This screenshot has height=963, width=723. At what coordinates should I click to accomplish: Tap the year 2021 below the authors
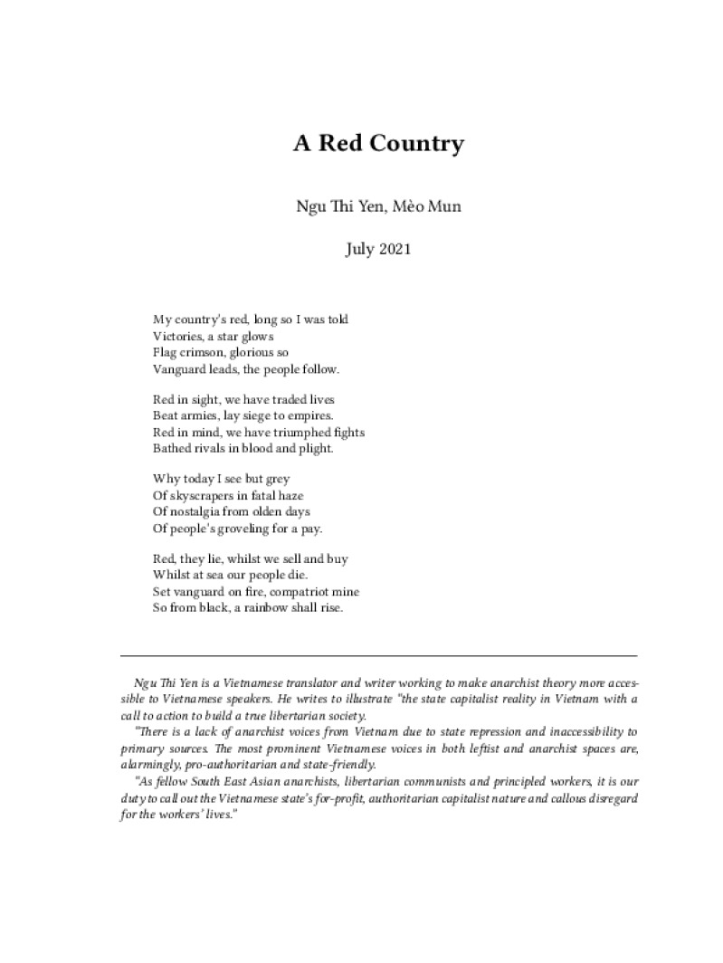tap(394, 249)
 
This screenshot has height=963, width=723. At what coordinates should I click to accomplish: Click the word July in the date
tap(359, 249)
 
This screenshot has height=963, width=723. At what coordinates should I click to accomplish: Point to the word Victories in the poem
tap(181, 336)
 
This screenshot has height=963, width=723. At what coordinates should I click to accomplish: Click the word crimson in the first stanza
tap(199, 352)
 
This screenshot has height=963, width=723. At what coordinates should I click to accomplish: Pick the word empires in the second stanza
tap(310, 415)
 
